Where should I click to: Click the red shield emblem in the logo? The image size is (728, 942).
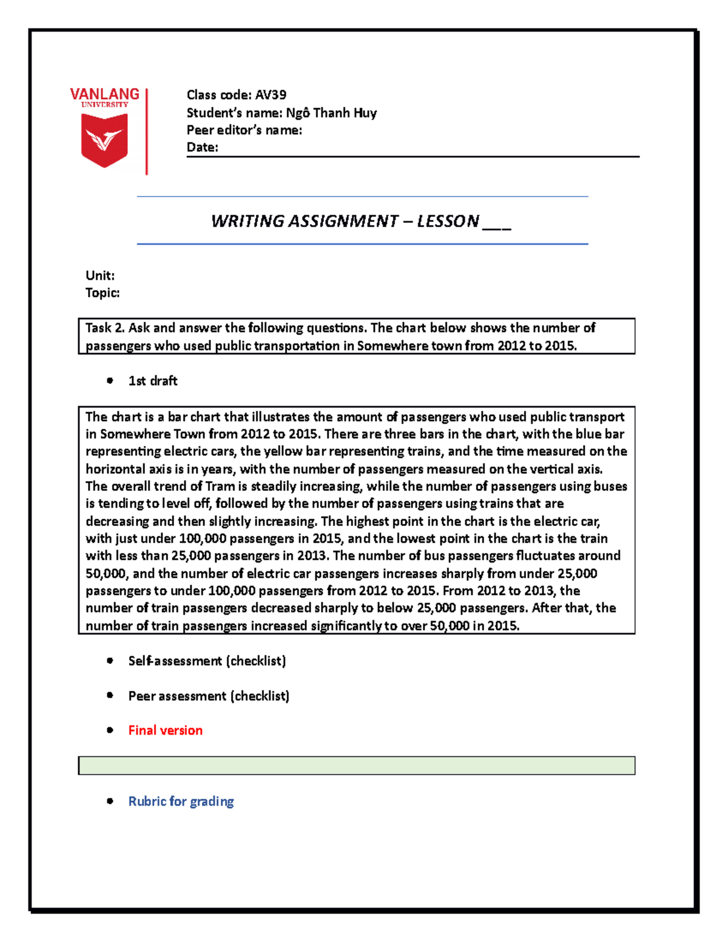pos(104,140)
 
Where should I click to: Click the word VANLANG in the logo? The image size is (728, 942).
pos(104,94)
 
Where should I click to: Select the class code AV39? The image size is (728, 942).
pos(271,95)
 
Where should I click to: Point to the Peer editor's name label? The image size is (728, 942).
pos(244,130)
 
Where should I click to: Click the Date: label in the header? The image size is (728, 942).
pos(202,147)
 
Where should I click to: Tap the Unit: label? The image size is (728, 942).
pos(100,275)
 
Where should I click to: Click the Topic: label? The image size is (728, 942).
pos(103,293)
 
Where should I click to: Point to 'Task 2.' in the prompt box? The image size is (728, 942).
pos(105,328)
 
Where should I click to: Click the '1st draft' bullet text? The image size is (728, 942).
pos(153,381)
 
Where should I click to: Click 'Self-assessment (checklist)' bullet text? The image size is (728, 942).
pos(207,661)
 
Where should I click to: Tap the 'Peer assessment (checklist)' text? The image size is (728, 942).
pos(209,696)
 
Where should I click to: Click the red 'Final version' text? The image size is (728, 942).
pos(165,730)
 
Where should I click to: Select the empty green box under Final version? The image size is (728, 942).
pos(357,765)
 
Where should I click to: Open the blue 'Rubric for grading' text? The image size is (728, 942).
pos(181,801)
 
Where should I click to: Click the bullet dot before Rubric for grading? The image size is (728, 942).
pos(110,801)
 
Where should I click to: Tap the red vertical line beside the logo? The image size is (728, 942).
pos(147,132)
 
